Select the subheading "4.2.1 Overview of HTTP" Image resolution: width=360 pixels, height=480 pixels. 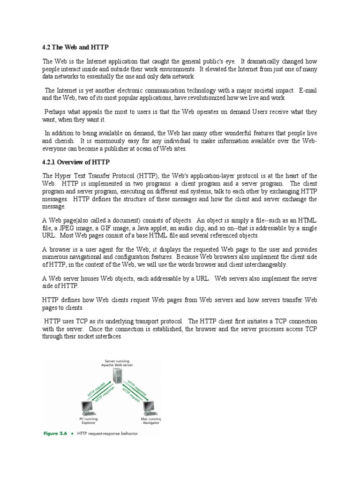tap(76, 162)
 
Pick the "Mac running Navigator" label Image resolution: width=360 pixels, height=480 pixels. tap(150, 420)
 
